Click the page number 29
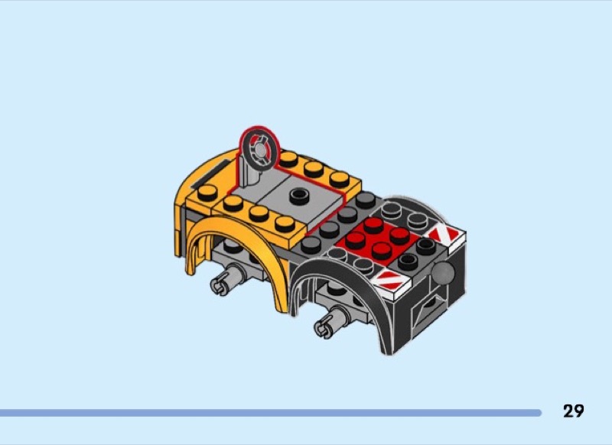click(573, 411)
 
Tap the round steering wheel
click(259, 150)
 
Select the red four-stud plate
click(377, 239)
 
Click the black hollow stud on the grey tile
click(299, 195)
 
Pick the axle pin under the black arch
click(329, 323)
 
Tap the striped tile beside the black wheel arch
click(392, 281)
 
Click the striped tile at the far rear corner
click(446, 234)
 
